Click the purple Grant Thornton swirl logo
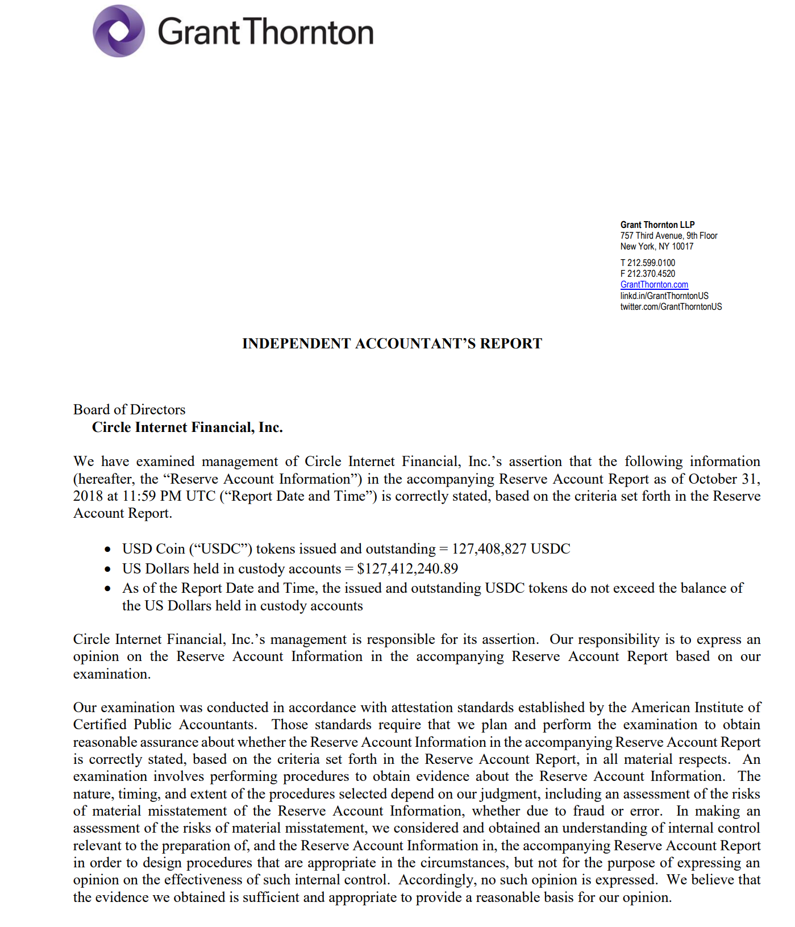[118, 31]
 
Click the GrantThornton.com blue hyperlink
[654, 285]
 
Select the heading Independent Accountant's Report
[392, 344]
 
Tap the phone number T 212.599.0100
[647, 263]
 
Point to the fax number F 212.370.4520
[647, 274]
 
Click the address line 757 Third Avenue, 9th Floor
[668, 236]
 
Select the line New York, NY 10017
[656, 247]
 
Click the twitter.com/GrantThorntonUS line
[671, 307]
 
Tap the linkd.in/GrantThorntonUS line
[664, 296]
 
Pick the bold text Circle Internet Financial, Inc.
[187, 427]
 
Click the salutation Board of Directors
[129, 410]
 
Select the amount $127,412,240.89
[407, 569]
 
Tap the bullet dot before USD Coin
[107, 550]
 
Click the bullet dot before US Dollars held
[107, 569]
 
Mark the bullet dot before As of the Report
[107, 589]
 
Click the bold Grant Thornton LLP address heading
[657, 225]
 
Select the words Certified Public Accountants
[165, 725]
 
